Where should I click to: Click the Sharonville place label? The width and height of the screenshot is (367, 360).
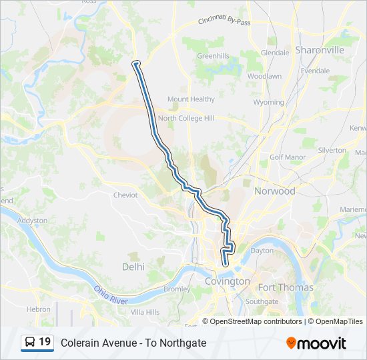(320, 50)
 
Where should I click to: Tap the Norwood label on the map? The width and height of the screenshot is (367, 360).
(274, 191)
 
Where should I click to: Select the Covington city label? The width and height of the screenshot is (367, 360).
(227, 281)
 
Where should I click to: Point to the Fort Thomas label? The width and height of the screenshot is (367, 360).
(286, 287)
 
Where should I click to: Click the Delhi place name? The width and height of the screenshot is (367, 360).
(133, 267)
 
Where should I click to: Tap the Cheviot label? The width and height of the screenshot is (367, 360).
(125, 195)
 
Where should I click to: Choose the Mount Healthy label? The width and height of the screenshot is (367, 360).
(191, 99)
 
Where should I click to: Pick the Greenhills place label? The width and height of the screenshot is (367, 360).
(213, 56)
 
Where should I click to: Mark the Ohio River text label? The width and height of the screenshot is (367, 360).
(110, 295)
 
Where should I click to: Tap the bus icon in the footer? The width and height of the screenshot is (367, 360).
(30, 343)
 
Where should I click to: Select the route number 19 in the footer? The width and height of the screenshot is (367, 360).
(45, 342)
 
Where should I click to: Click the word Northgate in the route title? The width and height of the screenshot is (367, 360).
(181, 343)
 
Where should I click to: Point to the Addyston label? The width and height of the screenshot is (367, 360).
(32, 220)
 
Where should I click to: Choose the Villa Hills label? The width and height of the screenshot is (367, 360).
(145, 312)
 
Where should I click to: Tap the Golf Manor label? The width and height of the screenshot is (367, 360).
(287, 157)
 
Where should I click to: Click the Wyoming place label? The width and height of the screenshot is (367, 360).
(268, 103)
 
